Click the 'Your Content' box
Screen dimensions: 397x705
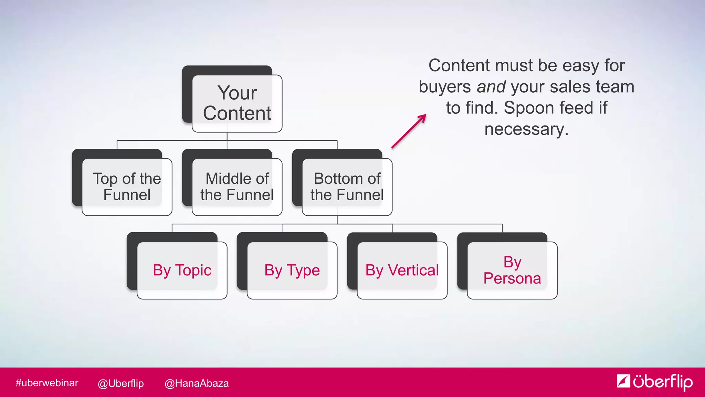[x=237, y=103]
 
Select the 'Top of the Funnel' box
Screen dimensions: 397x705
[x=127, y=187]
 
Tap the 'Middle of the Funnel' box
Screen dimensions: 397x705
[x=237, y=187]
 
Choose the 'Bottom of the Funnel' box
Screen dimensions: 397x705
[x=347, y=187]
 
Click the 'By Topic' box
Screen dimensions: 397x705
[x=182, y=270]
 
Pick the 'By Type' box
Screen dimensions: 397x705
[x=292, y=270]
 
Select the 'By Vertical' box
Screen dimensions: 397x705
[x=402, y=270]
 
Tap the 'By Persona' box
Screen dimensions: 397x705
[x=512, y=270]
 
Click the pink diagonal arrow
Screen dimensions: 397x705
[x=409, y=131]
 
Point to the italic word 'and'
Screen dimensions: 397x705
[x=491, y=87]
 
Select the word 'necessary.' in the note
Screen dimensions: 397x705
[x=526, y=130]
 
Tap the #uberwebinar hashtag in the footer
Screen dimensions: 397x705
[x=47, y=383]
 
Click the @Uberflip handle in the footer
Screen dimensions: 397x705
[x=120, y=383]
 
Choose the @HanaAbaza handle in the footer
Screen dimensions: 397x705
[x=197, y=383]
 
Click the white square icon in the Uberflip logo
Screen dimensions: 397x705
[x=623, y=381]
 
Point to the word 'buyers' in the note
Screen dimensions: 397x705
[x=444, y=87]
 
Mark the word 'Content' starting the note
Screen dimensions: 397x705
[x=459, y=65]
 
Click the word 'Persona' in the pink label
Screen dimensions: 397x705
[x=512, y=278]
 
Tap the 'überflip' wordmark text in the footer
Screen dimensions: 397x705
[x=663, y=382]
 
